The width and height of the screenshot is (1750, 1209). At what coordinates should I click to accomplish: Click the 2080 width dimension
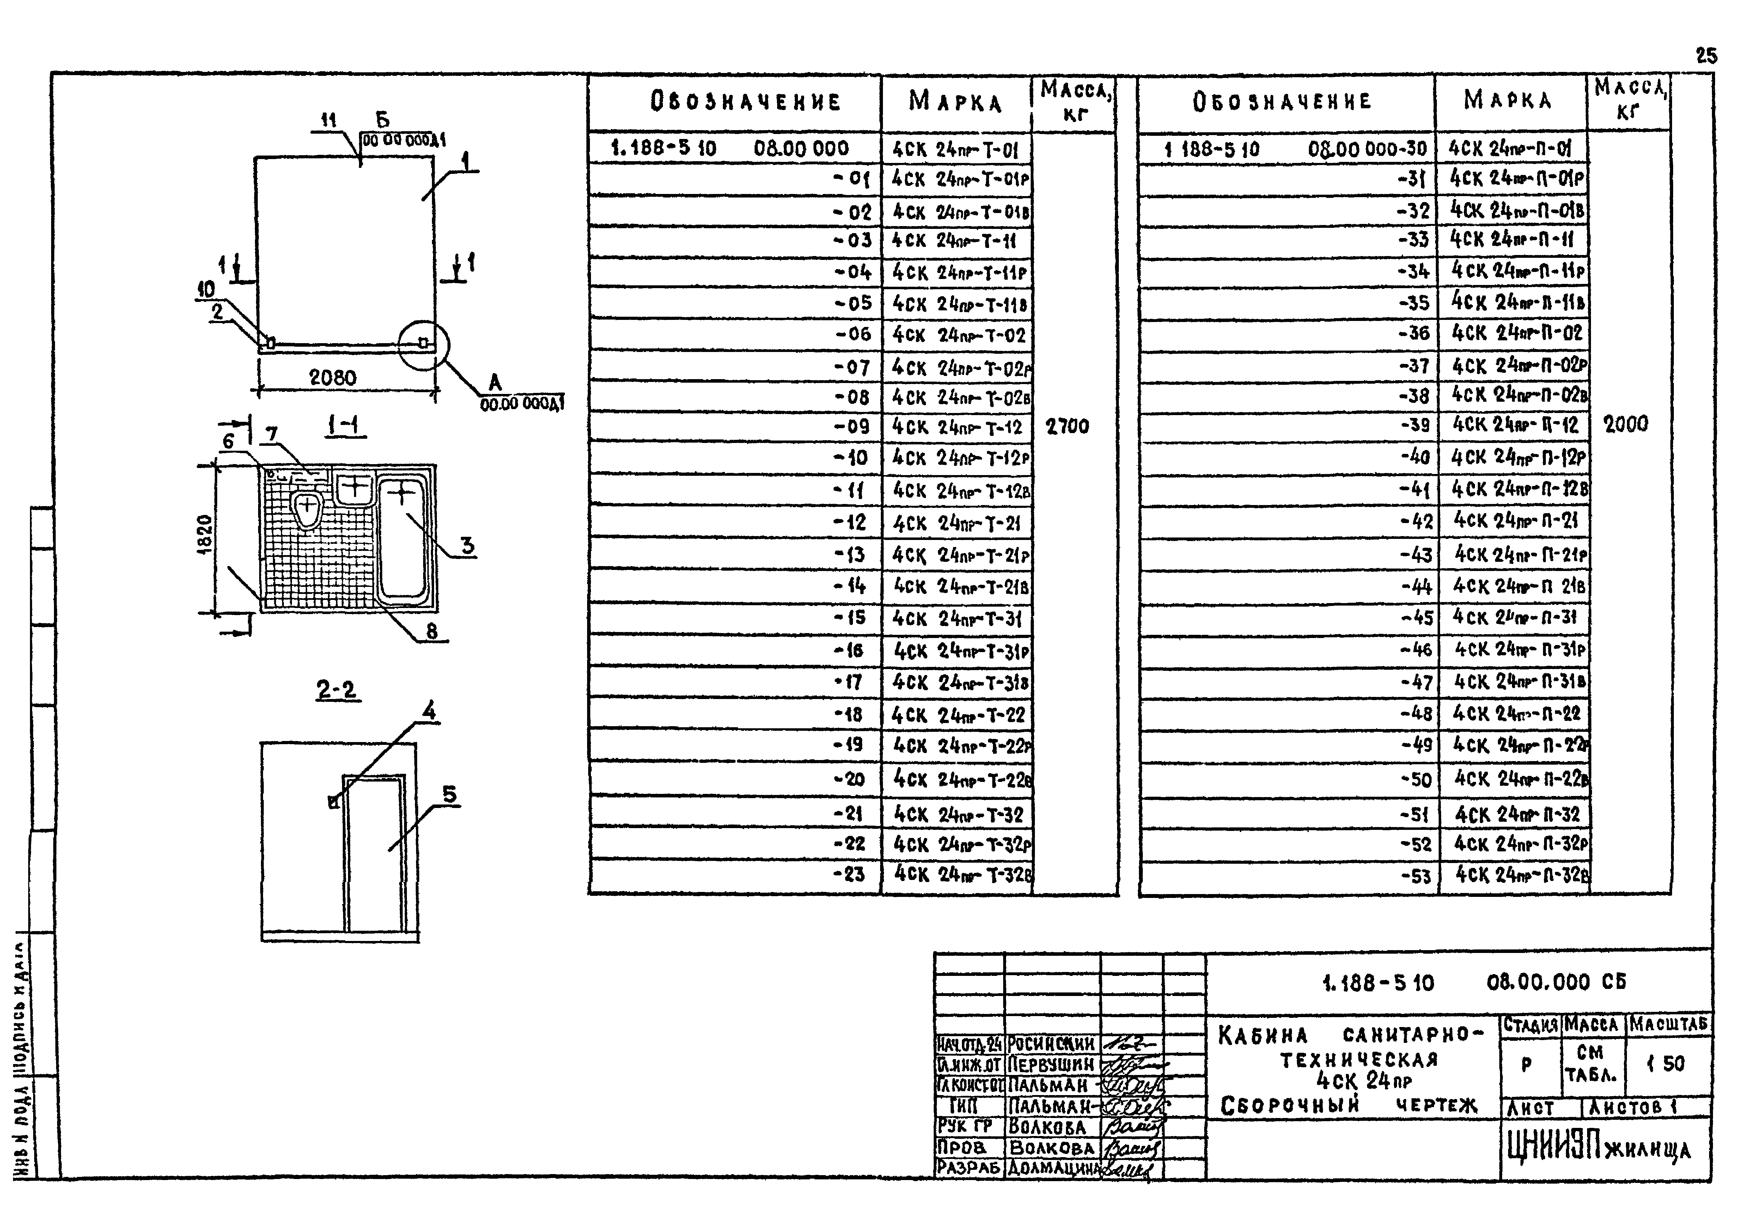(x=333, y=377)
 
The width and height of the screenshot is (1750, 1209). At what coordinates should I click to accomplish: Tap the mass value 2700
(x=1067, y=426)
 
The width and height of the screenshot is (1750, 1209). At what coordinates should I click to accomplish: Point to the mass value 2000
(x=1625, y=424)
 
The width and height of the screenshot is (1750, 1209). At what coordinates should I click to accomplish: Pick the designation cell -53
(x=1415, y=876)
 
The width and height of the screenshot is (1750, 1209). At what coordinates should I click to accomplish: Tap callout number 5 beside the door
(x=450, y=795)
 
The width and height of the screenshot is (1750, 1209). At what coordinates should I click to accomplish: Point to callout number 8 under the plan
(x=432, y=631)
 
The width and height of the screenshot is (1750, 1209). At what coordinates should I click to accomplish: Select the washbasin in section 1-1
(x=354, y=488)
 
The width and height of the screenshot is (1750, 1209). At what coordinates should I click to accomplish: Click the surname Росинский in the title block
(x=1051, y=1044)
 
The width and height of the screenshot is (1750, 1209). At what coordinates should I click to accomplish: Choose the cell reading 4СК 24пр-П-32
(x=1517, y=814)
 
